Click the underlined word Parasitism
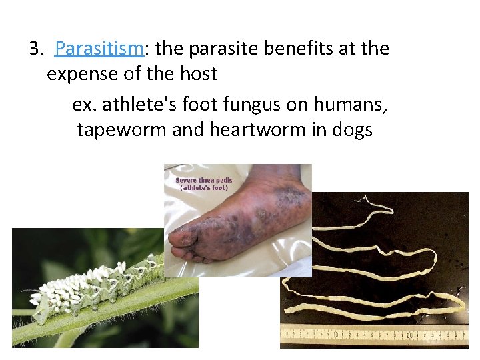tap(99, 49)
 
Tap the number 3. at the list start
tap(36, 49)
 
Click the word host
tap(197, 73)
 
